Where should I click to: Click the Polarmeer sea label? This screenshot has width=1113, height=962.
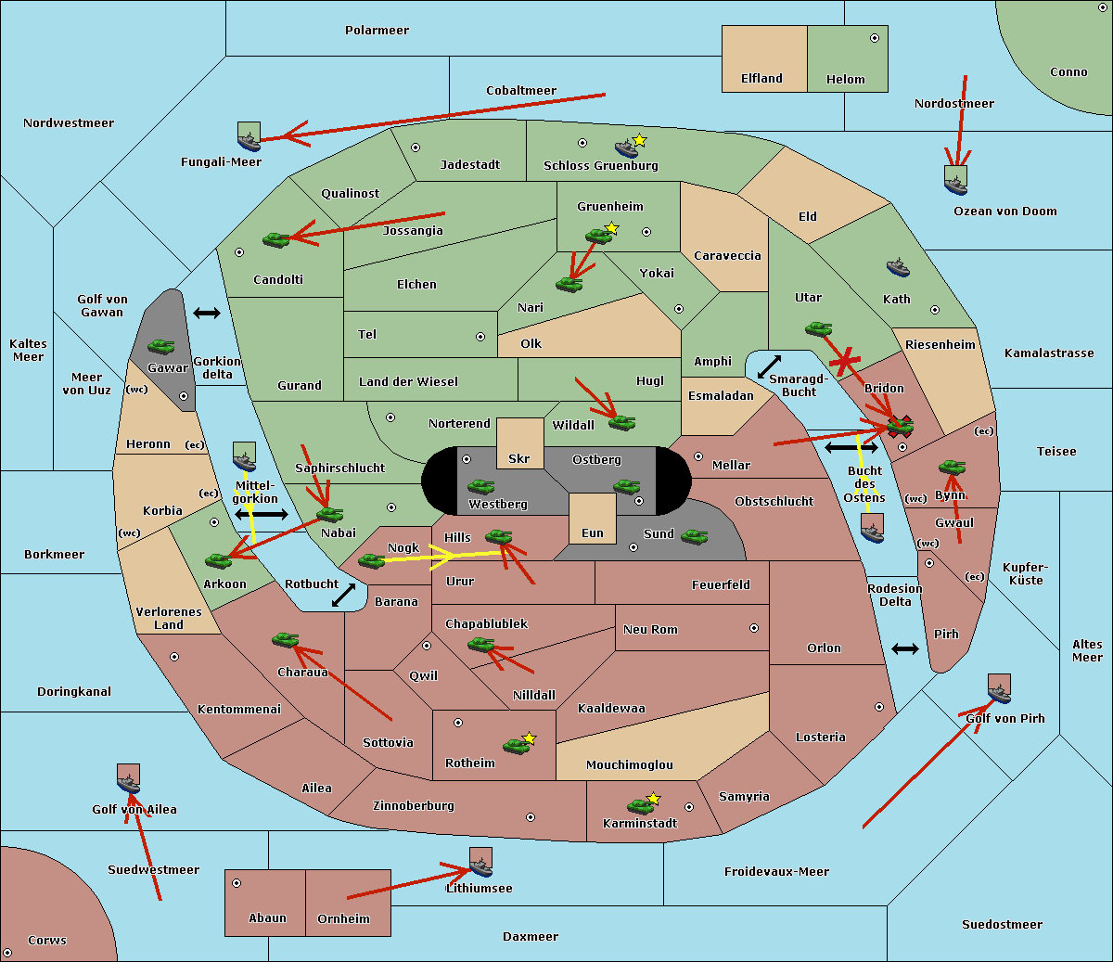[377, 31]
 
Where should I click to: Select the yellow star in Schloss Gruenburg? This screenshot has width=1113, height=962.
[639, 140]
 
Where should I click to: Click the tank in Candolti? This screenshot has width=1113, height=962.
[276, 239]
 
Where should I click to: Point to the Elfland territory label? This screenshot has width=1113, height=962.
[761, 79]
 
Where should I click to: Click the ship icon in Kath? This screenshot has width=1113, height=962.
[898, 268]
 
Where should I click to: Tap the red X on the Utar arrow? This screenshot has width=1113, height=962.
[844, 362]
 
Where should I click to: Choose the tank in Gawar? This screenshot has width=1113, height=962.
[160, 347]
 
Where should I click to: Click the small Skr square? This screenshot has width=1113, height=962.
[519, 443]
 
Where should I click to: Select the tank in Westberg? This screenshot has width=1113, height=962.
[480, 487]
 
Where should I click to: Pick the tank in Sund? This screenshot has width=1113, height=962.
[694, 536]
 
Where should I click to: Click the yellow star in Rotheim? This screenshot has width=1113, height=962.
[530, 738]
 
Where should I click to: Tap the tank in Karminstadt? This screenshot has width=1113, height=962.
[640, 806]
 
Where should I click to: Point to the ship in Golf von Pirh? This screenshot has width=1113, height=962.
[999, 689]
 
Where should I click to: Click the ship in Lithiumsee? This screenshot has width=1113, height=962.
[480, 864]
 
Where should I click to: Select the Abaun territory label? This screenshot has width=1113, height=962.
[267, 918]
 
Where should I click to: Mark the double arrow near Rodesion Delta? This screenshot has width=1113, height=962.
[904, 648]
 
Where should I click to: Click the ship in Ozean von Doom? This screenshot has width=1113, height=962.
[955, 181]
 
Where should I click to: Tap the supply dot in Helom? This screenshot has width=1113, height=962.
[874, 38]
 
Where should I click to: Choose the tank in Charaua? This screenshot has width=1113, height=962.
[285, 640]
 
